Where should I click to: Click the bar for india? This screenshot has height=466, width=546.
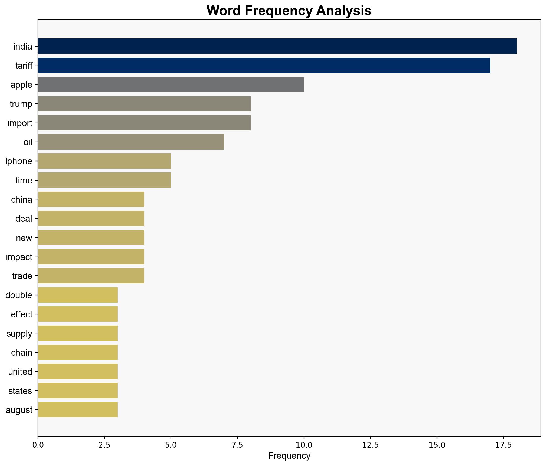coord(277,46)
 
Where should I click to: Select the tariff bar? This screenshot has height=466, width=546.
coord(264,65)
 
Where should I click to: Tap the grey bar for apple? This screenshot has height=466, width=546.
coord(171,84)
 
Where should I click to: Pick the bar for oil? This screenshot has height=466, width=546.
coord(131,142)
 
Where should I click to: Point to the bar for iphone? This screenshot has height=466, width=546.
coord(104,161)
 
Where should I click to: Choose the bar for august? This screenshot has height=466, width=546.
coord(78,410)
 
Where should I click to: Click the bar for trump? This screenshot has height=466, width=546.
coord(144,104)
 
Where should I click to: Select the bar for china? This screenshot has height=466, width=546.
coord(91,199)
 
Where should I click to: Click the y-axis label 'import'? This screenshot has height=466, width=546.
coord(20,123)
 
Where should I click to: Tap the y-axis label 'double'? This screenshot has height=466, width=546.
coord(19,295)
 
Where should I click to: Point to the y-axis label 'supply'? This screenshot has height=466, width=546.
coord(19,334)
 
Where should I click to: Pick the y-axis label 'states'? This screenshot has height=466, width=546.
coord(20,391)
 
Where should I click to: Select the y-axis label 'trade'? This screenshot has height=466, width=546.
coord(22,276)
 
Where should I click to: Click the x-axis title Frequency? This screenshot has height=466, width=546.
coord(289,456)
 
